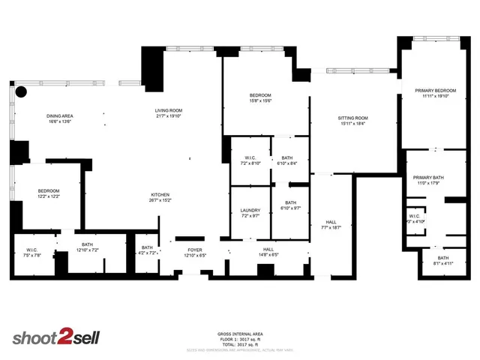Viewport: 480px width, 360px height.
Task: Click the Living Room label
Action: [169, 111]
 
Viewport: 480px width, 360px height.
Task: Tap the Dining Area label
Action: [59, 116]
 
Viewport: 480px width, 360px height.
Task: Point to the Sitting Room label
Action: [353, 118]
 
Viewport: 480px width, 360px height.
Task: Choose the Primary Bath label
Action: [429, 178]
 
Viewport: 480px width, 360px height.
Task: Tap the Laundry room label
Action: [250, 211]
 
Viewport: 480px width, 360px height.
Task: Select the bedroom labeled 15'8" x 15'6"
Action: [260, 96]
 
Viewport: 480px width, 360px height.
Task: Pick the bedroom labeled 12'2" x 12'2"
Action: [49, 192]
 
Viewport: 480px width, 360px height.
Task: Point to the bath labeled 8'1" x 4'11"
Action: [443, 259]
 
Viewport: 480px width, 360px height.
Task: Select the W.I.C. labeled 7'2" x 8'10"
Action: [250, 158]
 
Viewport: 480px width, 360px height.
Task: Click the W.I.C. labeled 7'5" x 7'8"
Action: [32, 250]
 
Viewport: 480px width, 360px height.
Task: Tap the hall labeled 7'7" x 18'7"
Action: [331, 223]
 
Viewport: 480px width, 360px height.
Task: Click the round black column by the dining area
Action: [22, 92]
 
